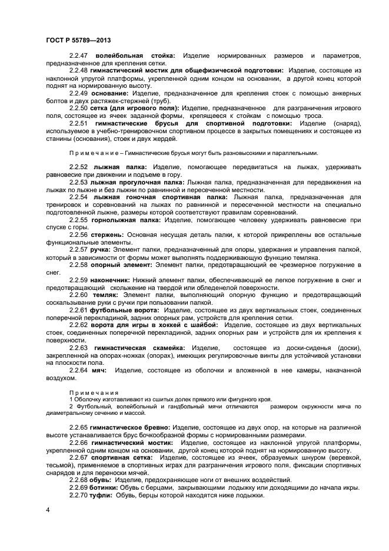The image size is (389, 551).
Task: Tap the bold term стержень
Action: click(109, 235)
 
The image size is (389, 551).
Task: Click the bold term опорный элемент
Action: click(121, 265)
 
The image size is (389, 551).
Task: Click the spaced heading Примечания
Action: click(94, 392)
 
